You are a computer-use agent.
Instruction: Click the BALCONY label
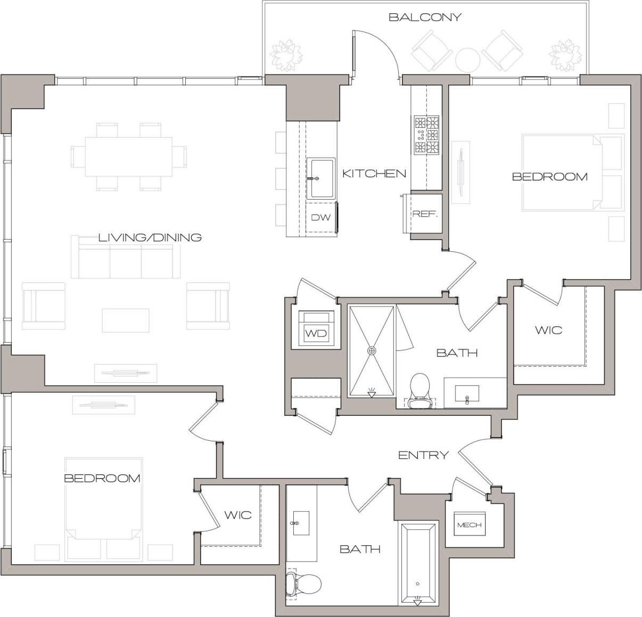click(x=424, y=17)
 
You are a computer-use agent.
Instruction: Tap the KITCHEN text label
click(x=374, y=174)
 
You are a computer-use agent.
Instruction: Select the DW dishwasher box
click(x=321, y=217)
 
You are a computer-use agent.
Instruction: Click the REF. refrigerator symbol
click(x=425, y=214)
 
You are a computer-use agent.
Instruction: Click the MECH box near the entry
click(x=469, y=525)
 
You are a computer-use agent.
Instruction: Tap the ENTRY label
click(x=423, y=455)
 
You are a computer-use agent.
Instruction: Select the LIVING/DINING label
click(x=150, y=237)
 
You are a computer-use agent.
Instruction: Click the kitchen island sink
click(x=321, y=178)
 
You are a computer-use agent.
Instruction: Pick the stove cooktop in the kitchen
click(x=426, y=135)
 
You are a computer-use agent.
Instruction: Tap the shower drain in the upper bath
click(x=372, y=351)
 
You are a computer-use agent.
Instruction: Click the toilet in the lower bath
click(x=303, y=585)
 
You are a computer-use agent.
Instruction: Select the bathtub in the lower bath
click(x=418, y=563)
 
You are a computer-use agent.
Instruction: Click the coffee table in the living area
click(x=126, y=320)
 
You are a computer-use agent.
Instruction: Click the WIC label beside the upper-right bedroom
click(x=548, y=330)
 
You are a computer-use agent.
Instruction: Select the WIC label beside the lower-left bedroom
click(x=237, y=515)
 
